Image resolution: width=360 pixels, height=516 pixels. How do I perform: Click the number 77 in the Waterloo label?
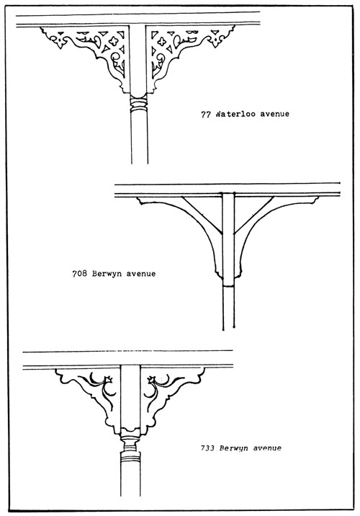(x=205, y=115)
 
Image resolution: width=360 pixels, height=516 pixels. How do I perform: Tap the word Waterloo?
(x=236, y=114)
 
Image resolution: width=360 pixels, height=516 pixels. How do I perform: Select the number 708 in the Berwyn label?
(x=80, y=273)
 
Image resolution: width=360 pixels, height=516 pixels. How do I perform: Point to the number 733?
(x=208, y=448)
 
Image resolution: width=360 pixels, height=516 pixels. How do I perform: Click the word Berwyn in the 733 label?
(x=234, y=448)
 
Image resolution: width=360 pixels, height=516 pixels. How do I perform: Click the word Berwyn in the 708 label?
(x=107, y=274)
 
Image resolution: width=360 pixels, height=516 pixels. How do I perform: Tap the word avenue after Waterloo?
(x=275, y=114)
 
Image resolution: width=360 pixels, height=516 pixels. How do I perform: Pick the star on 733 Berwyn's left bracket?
(x=109, y=379)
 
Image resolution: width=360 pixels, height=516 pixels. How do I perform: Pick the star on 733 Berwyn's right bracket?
(x=151, y=380)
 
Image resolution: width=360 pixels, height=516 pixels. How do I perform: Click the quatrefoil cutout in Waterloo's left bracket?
(x=114, y=41)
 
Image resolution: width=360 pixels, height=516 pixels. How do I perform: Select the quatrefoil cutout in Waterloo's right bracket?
(x=161, y=42)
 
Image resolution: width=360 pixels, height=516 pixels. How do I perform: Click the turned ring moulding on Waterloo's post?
(x=138, y=103)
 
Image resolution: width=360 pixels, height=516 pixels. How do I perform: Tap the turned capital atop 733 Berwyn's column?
(x=130, y=440)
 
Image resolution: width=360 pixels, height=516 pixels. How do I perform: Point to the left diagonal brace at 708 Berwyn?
(x=202, y=215)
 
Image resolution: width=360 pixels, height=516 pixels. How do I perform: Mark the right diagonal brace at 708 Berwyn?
(x=253, y=215)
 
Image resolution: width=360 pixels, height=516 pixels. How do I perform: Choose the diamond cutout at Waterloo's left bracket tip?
(x=60, y=43)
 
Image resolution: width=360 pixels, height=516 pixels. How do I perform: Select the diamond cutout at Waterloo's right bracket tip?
(x=215, y=42)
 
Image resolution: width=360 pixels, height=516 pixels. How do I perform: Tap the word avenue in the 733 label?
(x=267, y=448)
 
